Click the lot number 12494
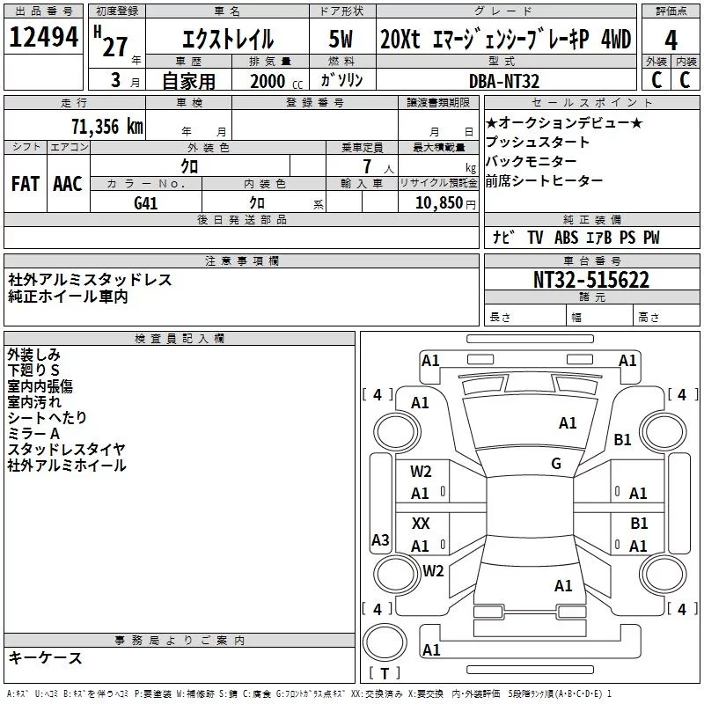click(x=45, y=38)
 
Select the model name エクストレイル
click(x=227, y=40)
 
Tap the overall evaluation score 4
click(x=671, y=40)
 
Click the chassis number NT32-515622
click(x=592, y=280)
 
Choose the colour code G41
click(x=146, y=202)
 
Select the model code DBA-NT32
click(x=506, y=80)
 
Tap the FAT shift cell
click(x=25, y=184)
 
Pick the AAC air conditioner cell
click(x=68, y=184)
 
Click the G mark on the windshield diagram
click(x=556, y=464)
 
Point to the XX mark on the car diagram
click(x=421, y=523)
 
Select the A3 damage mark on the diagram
click(x=380, y=540)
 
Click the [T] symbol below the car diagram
click(x=384, y=674)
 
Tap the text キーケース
click(x=46, y=657)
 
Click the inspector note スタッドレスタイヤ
click(x=66, y=449)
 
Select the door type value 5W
click(x=342, y=40)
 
